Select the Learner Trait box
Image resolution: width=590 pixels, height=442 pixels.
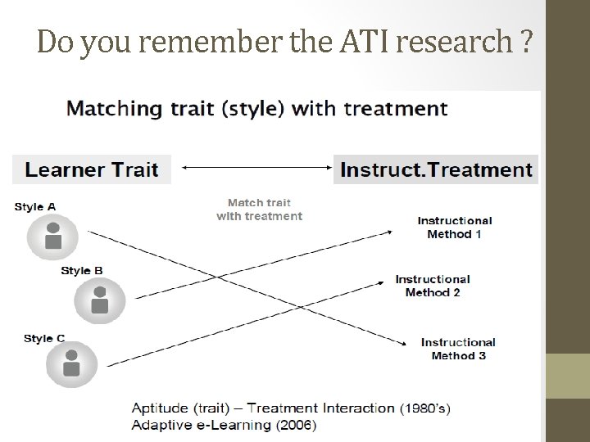[92, 169]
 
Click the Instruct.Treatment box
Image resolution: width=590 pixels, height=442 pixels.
[436, 169]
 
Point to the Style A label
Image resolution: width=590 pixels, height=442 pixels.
[35, 207]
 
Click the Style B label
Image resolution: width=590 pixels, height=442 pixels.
[82, 271]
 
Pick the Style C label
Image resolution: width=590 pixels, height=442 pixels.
[44, 338]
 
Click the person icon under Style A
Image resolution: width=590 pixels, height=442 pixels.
[52, 237]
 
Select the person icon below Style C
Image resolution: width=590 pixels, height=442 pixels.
[71, 364]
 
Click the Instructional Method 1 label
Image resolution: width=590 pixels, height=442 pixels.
[455, 227]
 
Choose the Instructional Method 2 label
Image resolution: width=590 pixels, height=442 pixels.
[433, 286]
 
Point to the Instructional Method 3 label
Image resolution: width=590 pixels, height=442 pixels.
[458, 349]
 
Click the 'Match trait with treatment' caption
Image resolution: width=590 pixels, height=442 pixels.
[259, 210]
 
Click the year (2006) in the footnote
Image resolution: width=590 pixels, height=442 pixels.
[297, 424]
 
